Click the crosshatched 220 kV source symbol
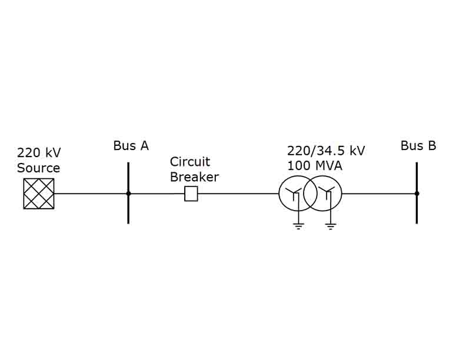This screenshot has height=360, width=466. (x=39, y=194)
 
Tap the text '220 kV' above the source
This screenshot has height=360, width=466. (x=39, y=153)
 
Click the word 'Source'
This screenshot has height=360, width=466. (x=38, y=168)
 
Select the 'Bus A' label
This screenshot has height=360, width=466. (x=131, y=146)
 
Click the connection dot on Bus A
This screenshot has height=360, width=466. (x=128, y=194)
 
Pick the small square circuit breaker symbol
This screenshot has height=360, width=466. (x=191, y=194)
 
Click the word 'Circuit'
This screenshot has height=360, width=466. (x=190, y=162)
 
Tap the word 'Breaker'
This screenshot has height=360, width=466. (x=194, y=177)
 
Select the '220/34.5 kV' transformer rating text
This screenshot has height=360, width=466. (x=326, y=151)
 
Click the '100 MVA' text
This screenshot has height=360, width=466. (x=314, y=166)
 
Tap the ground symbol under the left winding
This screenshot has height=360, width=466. (x=299, y=225)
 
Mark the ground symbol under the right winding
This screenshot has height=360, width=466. (x=331, y=225)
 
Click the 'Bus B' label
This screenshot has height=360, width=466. (x=418, y=146)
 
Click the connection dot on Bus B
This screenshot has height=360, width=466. (x=417, y=194)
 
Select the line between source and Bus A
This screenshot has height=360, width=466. (x=91, y=194)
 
